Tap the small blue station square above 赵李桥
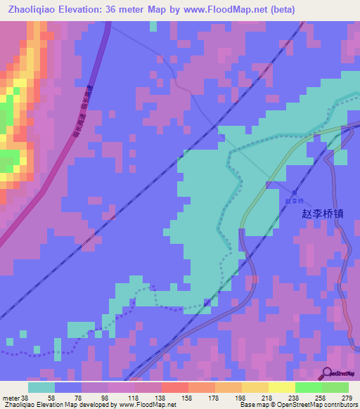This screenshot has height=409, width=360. coord(295,191)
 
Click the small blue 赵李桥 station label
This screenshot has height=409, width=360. coord(295,200)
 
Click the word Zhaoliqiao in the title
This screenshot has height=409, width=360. coord(33,9)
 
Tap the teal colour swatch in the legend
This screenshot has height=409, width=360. coord(41,387)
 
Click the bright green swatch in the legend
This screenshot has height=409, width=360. coord(309,387)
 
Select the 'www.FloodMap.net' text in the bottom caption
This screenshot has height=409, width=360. coord(148,405)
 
